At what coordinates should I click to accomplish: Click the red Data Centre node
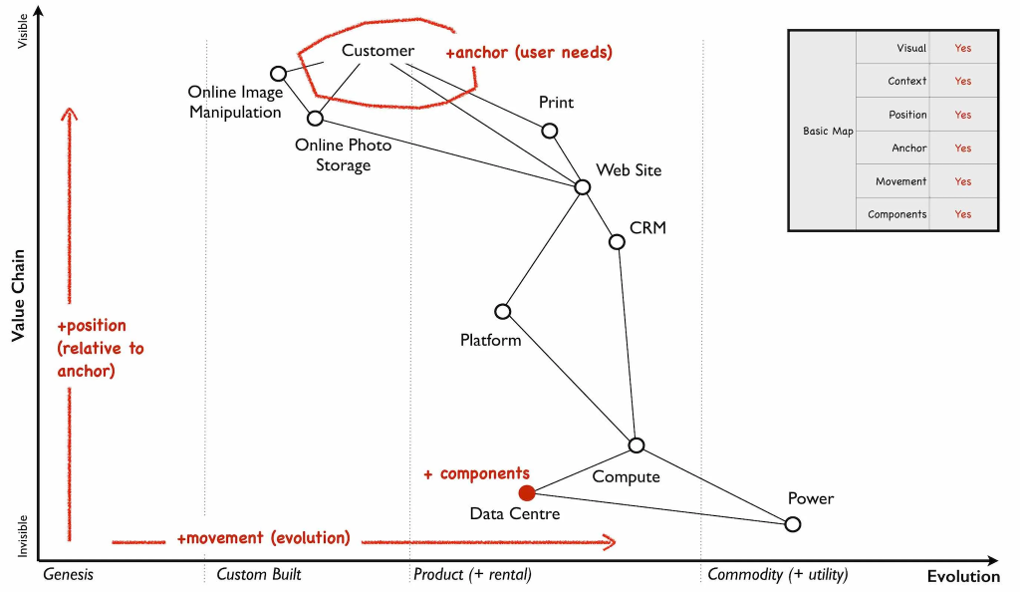click(x=527, y=492)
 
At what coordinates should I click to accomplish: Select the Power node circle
click(x=792, y=524)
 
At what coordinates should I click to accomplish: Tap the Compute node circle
click(x=637, y=445)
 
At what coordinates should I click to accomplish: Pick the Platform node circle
click(x=503, y=312)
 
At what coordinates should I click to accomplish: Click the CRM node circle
click(x=617, y=242)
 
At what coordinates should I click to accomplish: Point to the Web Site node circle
click(x=583, y=186)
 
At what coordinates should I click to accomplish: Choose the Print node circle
click(x=549, y=131)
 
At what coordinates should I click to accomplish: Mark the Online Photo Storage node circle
click(x=315, y=119)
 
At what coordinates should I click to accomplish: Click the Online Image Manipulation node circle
click(x=279, y=73)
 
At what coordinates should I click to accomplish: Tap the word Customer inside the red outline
click(x=378, y=51)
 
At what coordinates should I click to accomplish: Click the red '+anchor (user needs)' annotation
click(x=529, y=51)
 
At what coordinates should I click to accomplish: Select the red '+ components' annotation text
click(x=476, y=473)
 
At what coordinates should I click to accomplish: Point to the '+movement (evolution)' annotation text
click(x=263, y=538)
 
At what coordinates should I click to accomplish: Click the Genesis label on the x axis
click(x=68, y=574)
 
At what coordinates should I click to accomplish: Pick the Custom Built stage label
click(x=258, y=574)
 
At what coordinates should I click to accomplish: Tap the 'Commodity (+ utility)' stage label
click(x=777, y=574)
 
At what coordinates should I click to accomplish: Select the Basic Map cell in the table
click(x=828, y=132)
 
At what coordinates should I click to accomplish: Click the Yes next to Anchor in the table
click(x=962, y=148)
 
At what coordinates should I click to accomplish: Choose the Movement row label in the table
click(x=900, y=181)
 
